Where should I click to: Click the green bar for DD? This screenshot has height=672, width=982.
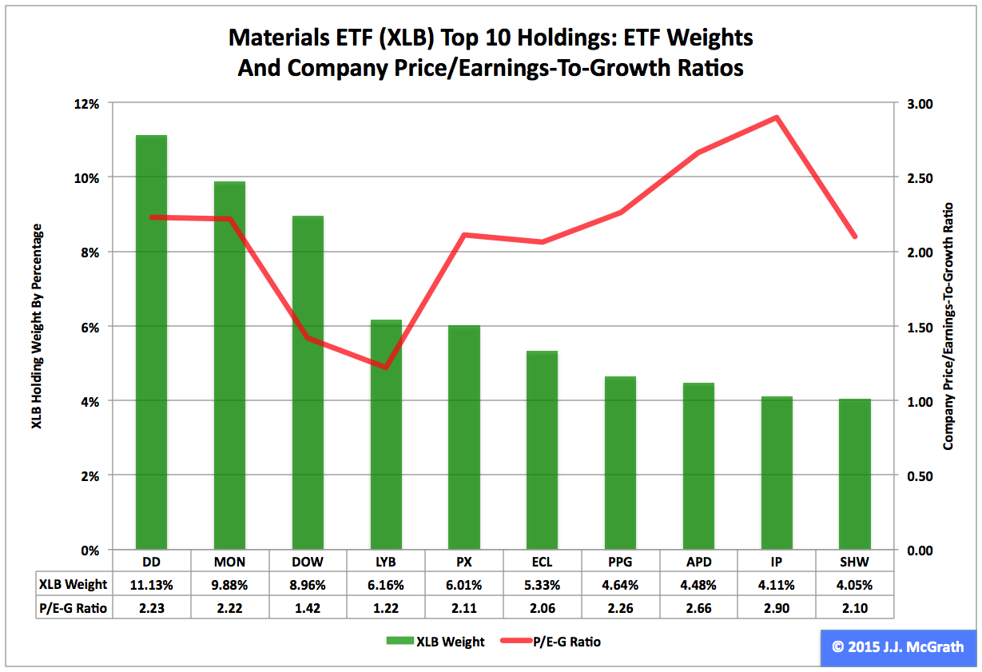pos(151,344)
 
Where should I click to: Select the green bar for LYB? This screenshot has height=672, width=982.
pos(386,435)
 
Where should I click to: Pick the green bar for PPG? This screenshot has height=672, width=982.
pos(620,463)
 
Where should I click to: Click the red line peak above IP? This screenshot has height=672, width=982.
pos(776,117)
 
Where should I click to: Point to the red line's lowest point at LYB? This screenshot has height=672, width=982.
pos(386,368)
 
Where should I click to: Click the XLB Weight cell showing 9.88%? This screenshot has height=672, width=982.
pos(229,584)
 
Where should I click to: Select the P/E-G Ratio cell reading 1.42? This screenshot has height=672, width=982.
pos(308,608)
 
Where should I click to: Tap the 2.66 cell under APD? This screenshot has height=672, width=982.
pos(698,608)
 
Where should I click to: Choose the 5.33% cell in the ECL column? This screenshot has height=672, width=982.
pos(542,584)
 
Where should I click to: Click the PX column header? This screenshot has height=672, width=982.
pos(464,561)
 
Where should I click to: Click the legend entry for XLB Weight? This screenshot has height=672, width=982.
pos(435,642)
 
